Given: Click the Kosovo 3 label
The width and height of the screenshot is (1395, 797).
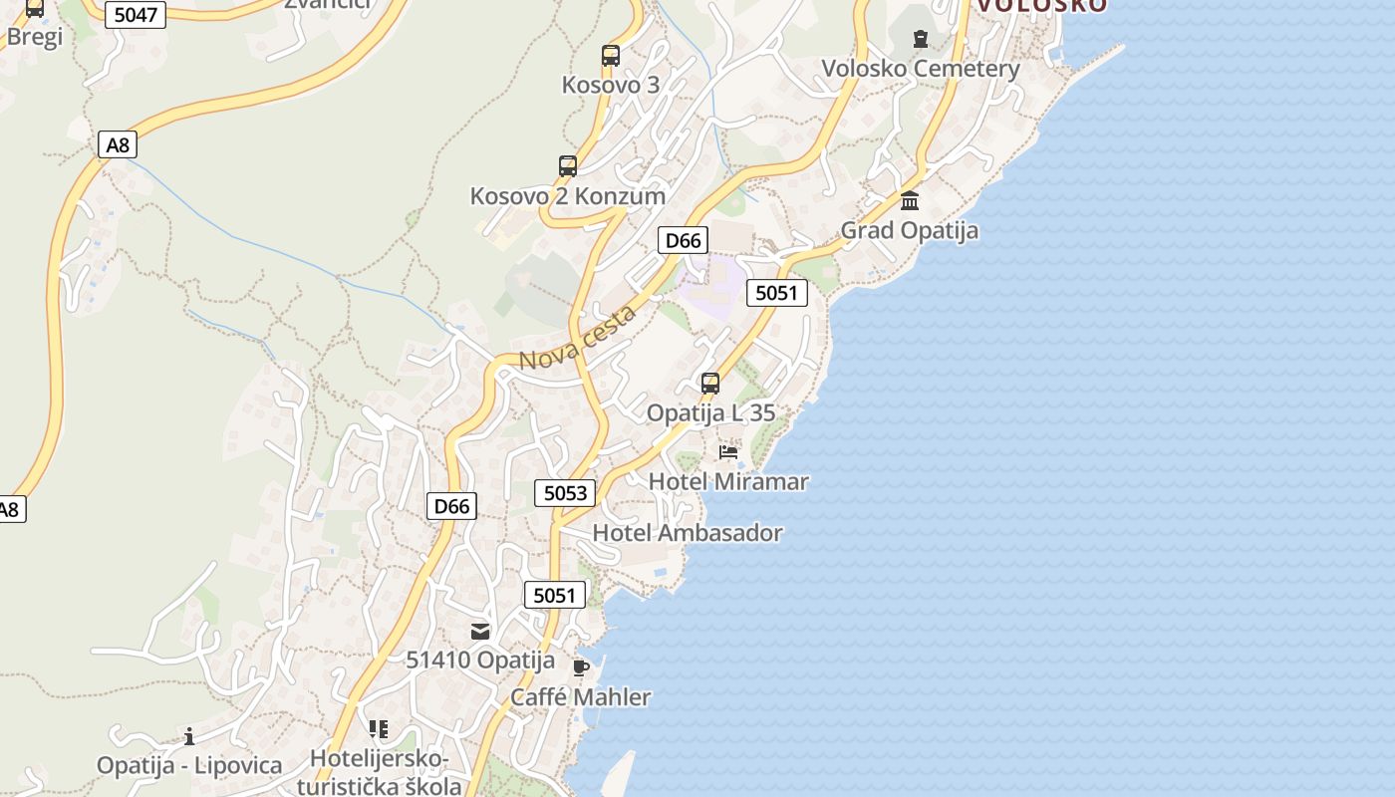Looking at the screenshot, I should click(x=610, y=85).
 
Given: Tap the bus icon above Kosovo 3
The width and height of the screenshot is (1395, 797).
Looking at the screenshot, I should click(x=611, y=56).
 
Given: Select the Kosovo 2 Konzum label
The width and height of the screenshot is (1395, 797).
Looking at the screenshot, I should click(x=567, y=196).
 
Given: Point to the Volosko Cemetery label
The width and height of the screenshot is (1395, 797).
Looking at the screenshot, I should click(x=920, y=69).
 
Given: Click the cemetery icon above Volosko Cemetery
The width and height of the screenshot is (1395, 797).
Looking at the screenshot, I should click(x=920, y=40).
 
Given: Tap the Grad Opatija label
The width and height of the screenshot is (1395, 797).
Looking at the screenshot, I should click(x=909, y=231).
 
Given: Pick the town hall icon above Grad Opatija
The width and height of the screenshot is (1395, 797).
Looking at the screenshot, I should click(x=910, y=201).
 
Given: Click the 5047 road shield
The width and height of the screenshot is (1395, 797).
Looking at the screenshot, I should click(x=136, y=15).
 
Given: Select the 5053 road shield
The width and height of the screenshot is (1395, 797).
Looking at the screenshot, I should click(x=565, y=493).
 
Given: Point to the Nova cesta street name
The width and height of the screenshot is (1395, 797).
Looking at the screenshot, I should click(x=578, y=339).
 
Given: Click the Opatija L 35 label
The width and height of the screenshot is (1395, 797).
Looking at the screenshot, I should click(x=710, y=412).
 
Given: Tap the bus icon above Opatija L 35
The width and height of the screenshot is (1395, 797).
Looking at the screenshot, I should click(x=710, y=384).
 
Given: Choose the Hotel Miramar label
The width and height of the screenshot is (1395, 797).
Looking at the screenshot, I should click(x=728, y=482).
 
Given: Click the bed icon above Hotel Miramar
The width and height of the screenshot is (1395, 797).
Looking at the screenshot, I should click(x=728, y=452).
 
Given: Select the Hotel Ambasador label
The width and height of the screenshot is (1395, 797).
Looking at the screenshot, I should click(x=688, y=533).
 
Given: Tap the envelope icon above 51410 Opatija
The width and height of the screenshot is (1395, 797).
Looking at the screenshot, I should click(x=480, y=631).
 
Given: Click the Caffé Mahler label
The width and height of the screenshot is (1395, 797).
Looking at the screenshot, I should click(x=580, y=697).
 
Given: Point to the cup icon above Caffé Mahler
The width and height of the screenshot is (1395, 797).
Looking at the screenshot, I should click(x=581, y=667).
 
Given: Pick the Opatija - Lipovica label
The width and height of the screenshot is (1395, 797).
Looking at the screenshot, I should click(x=189, y=766).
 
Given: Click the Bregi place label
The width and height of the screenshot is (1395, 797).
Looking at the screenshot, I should click(x=34, y=37).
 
